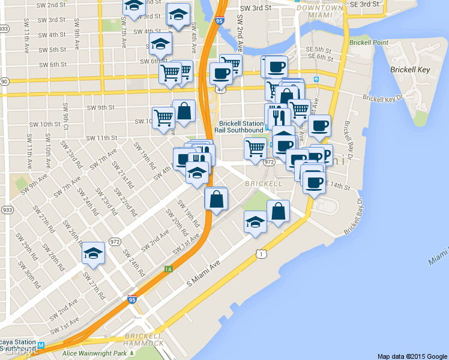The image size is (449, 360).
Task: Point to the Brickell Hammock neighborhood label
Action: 143,339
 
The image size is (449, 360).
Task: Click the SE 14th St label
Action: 338,187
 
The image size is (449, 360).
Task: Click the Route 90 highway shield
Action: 4,81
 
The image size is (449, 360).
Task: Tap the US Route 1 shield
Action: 260,254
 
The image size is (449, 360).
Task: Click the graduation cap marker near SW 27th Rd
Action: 93,253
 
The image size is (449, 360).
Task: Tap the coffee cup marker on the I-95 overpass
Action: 220,73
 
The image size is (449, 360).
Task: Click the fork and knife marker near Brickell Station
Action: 277,114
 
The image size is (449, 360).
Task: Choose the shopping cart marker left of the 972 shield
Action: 256,147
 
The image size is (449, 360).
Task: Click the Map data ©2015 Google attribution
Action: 412,356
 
